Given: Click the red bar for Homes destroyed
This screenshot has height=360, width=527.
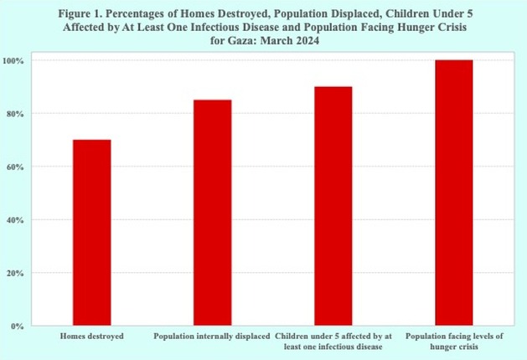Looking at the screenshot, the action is [x=92, y=233].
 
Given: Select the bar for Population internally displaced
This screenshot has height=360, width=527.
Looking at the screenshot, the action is [x=213, y=213].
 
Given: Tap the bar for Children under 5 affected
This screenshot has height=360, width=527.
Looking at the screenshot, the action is [x=333, y=206].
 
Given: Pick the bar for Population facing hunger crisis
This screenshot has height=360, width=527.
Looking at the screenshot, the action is [x=454, y=193].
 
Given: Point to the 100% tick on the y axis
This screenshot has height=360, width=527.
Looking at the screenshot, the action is [x=13, y=61].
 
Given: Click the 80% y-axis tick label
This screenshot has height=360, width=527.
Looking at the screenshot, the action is [x=15, y=114].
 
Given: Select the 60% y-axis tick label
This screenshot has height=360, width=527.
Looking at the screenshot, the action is [x=15, y=167].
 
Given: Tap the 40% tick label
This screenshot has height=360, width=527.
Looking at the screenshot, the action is [x=15, y=220].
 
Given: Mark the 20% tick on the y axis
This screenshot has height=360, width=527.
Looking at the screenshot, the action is [x=15, y=273].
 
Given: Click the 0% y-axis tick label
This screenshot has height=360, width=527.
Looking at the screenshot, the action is [x=17, y=326].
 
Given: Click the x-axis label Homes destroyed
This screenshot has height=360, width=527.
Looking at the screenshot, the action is [x=92, y=337].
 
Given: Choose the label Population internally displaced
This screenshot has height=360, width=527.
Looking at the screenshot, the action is [x=212, y=337].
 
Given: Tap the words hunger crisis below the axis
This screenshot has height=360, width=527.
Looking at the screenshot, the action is [x=454, y=347].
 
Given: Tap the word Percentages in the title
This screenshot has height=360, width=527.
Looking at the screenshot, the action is [x=137, y=14].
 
